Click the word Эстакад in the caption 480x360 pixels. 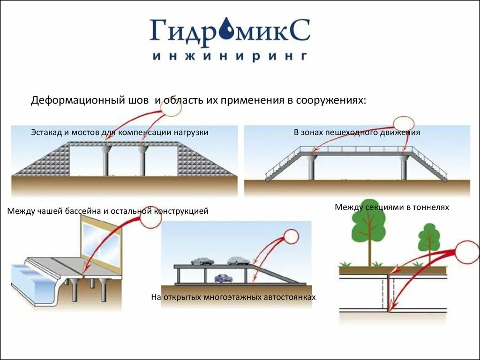coord(46,132)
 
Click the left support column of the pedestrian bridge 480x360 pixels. coord(311,167)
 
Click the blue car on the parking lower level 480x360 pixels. coord(224,278)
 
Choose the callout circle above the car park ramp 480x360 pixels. coord(291,237)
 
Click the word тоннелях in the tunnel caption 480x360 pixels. coord(433,207)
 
